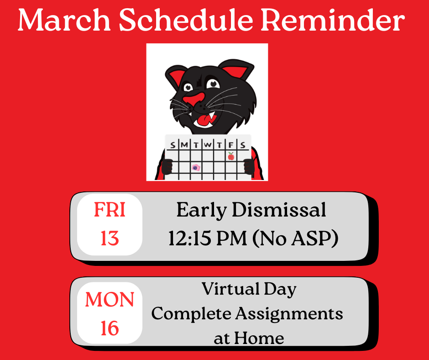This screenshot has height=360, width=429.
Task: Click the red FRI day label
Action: (x=110, y=210)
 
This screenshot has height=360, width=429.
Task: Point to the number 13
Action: (x=110, y=238)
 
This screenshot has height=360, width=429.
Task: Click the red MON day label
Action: (x=110, y=300)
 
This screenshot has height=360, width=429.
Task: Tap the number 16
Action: (x=110, y=328)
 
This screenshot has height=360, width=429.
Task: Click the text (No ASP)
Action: (x=298, y=239)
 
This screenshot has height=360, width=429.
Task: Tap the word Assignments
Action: (x=289, y=313)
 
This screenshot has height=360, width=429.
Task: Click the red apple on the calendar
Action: (x=231, y=156)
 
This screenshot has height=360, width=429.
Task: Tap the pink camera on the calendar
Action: (x=196, y=168)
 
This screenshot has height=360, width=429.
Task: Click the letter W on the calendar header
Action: (x=208, y=145)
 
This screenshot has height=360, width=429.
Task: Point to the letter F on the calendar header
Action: (x=231, y=145)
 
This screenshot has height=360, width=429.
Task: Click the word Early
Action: (x=202, y=211)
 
